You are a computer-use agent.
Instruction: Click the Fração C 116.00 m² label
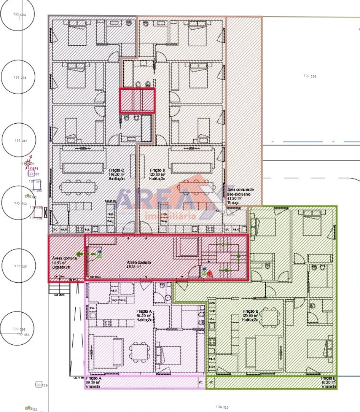116,175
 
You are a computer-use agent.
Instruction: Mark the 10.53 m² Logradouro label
62,263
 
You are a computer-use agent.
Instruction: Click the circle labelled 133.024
18,14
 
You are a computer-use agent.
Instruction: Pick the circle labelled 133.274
19,77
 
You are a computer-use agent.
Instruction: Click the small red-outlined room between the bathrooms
137,100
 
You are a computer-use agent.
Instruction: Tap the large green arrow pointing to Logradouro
81,254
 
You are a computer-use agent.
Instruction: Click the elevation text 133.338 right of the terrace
310,76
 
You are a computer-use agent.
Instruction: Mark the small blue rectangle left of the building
37,185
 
